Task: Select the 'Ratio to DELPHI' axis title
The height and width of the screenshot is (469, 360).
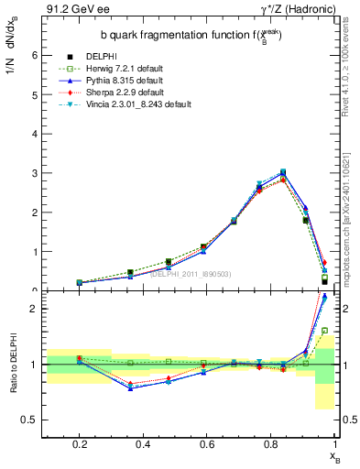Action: tap(13, 364)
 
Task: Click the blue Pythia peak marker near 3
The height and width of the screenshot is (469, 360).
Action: tap(283, 171)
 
